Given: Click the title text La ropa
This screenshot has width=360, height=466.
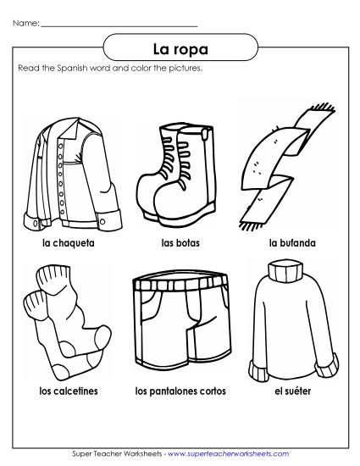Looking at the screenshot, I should [180, 46].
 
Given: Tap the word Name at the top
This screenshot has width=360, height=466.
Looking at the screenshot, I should [26, 23].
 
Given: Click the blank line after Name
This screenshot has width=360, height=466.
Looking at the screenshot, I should [119, 25].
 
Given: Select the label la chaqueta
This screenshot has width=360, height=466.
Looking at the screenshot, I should [67, 243].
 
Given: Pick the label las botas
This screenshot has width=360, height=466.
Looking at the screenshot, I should [179, 243].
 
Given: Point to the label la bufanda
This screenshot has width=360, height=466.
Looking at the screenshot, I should [292, 243].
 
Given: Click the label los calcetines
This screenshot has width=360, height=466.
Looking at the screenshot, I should [67, 392].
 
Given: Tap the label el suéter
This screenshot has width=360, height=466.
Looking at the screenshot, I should [292, 392].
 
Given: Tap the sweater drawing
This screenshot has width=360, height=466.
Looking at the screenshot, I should [291, 326].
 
